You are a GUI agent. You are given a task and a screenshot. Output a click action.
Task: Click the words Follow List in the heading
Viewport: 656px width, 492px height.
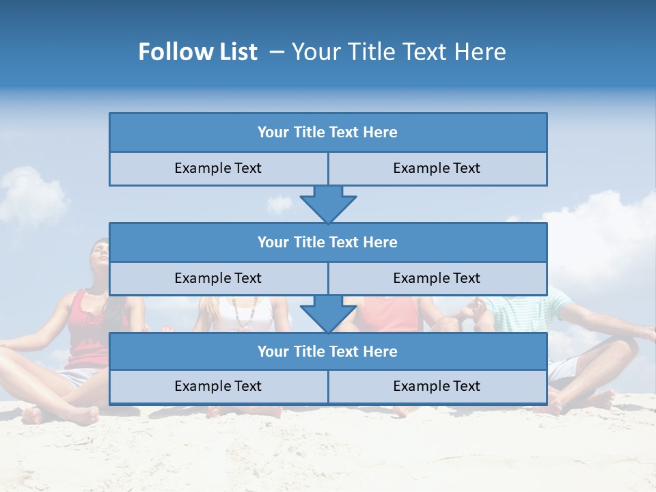tap(197, 52)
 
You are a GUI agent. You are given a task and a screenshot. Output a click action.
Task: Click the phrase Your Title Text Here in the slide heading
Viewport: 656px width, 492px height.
tap(398, 52)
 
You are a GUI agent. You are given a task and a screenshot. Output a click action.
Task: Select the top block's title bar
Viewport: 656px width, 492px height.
tap(327, 133)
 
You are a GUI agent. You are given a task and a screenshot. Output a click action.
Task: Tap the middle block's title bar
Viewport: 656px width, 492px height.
tap(327, 243)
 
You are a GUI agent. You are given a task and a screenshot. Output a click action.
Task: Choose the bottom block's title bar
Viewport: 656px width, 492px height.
tap(327, 352)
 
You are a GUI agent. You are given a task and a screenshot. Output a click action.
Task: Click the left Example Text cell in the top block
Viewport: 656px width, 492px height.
tap(218, 169)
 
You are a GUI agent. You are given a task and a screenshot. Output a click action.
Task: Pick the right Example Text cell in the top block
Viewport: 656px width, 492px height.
tap(437, 169)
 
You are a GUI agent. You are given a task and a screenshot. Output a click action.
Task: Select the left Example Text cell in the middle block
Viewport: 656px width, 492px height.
tap(218, 279)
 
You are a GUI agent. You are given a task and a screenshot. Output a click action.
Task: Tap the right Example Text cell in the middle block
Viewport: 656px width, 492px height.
tap(437, 279)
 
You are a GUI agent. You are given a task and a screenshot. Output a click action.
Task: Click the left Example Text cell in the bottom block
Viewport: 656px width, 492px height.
tap(218, 387)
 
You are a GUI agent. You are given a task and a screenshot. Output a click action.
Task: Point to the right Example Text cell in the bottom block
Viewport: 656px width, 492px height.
tap(437, 387)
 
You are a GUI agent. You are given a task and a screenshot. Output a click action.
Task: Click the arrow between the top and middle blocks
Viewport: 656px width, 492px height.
tap(328, 204)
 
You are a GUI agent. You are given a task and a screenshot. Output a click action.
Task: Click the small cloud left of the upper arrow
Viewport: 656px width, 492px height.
tap(279, 204)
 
